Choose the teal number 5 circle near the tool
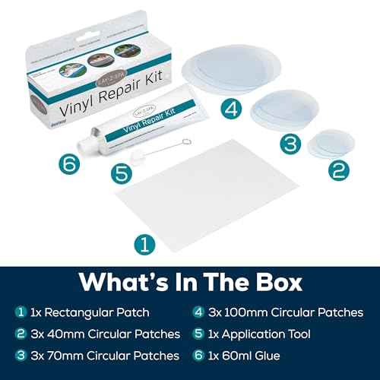pos(122,172)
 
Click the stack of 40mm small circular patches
pos(333,142)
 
